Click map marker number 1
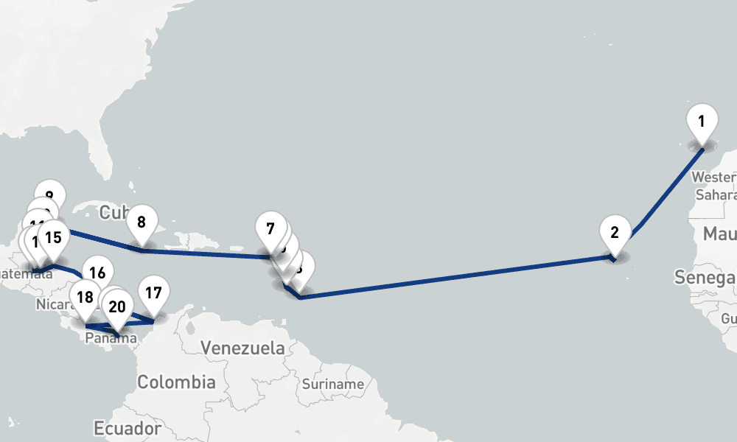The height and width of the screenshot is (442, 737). (x=702, y=121)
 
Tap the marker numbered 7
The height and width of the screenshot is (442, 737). (x=270, y=228)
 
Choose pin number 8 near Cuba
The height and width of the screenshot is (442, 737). (x=142, y=222)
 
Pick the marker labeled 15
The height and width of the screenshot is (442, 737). (x=53, y=238)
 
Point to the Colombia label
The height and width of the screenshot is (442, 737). (x=176, y=382)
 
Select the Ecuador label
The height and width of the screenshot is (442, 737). (x=128, y=428)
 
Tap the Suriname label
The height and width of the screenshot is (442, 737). (x=332, y=384)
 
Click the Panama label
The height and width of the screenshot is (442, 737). (x=111, y=339)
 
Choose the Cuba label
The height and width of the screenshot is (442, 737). (x=113, y=213)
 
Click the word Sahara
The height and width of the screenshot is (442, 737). (x=716, y=195)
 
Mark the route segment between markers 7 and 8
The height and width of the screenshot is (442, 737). (x=206, y=254)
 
